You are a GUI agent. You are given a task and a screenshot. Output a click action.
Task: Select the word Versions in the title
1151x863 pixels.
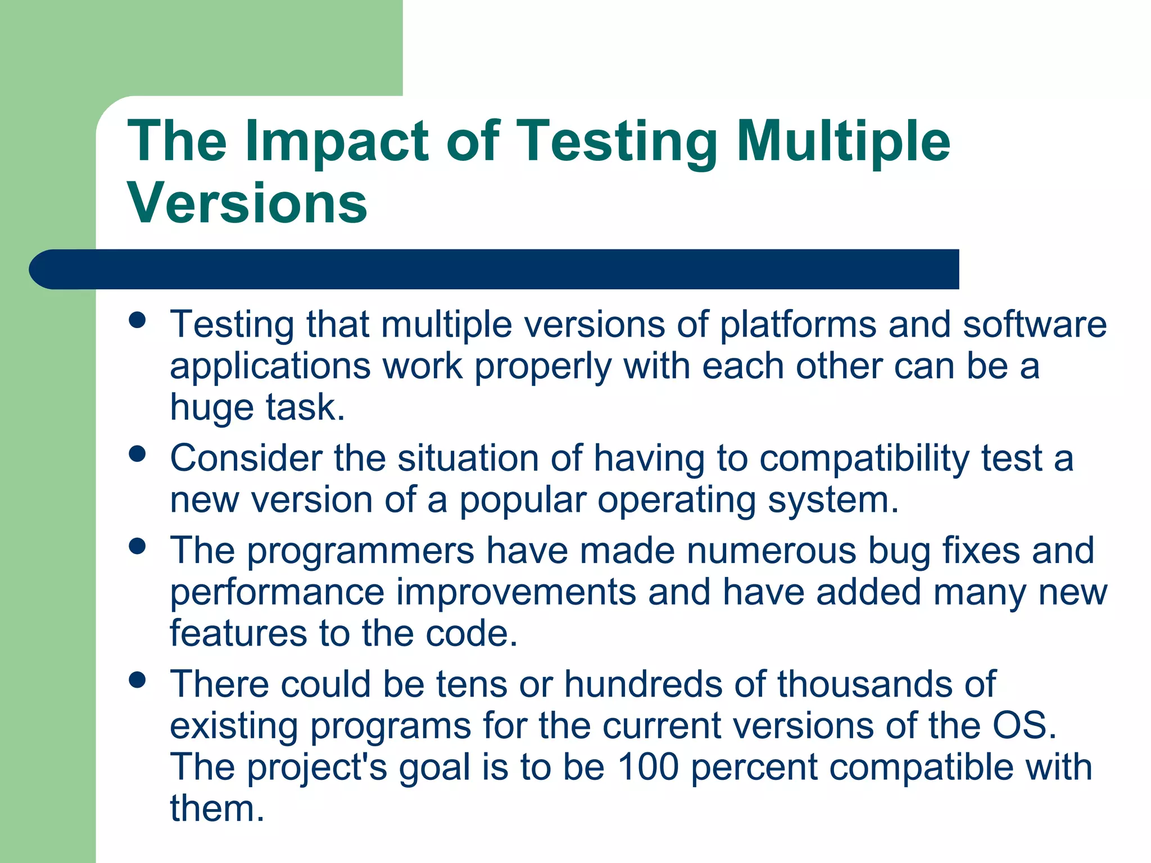(x=247, y=203)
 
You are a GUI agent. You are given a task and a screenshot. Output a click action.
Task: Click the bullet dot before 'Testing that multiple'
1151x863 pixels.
(x=137, y=320)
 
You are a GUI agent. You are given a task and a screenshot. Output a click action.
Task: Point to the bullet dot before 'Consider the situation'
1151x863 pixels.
(x=137, y=453)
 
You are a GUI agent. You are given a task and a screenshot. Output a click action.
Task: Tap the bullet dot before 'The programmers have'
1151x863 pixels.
(x=137, y=546)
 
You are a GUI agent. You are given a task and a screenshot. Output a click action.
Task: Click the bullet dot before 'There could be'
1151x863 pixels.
(x=137, y=680)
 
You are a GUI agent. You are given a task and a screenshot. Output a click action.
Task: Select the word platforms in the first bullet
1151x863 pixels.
(x=798, y=325)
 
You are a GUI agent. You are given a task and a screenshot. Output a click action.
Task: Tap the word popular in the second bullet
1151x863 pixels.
(x=523, y=500)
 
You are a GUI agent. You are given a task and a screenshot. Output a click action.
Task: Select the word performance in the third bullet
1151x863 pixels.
(x=277, y=593)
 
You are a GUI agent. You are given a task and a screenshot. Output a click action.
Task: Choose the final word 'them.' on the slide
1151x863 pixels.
(x=217, y=809)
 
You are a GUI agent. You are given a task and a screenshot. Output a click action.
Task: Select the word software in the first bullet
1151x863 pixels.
(x=1035, y=325)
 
